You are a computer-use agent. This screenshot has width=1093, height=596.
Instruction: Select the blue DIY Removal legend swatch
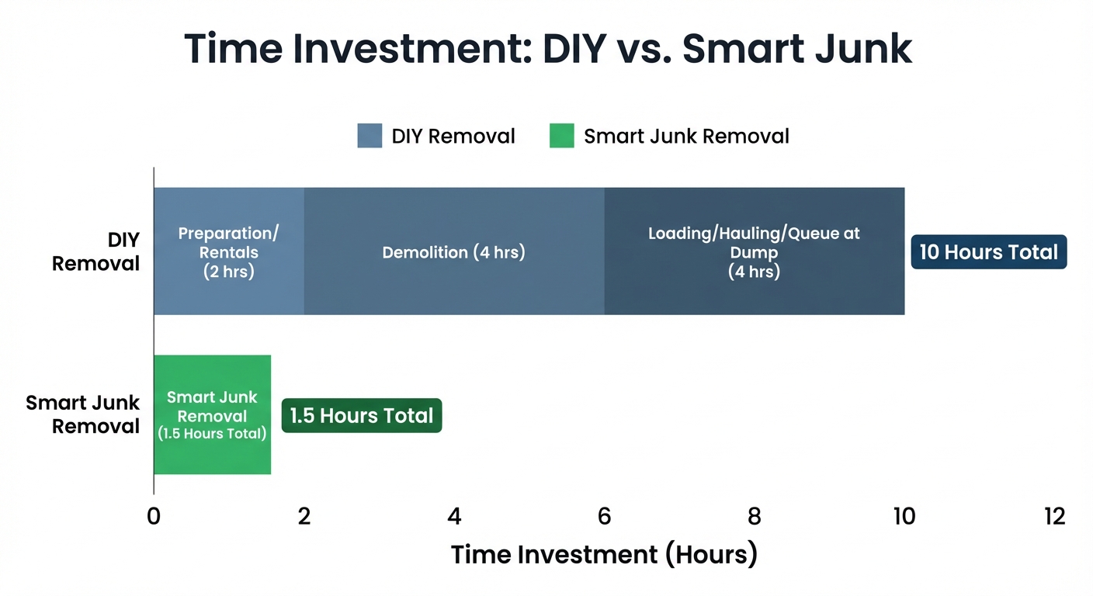370,136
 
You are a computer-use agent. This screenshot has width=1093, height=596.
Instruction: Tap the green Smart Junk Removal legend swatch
561,136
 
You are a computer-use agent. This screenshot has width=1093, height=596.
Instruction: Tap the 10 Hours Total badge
988,252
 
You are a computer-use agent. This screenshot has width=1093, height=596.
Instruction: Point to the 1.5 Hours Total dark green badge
361,415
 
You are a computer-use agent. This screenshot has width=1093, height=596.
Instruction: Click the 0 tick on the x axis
154,516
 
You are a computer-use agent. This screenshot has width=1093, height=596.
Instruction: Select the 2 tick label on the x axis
304,516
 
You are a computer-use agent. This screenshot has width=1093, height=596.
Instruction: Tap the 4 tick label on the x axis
454,516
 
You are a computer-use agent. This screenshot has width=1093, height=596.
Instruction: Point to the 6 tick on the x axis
604,516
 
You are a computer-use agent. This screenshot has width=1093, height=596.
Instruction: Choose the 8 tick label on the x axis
754,516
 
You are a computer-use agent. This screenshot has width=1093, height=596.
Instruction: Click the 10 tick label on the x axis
904,516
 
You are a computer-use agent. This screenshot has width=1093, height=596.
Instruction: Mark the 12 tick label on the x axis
1054,516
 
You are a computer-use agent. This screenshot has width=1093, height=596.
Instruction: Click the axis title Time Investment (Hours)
604,554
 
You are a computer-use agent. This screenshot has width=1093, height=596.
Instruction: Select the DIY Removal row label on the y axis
95,251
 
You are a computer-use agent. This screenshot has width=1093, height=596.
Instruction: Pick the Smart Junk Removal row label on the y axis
83,414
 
